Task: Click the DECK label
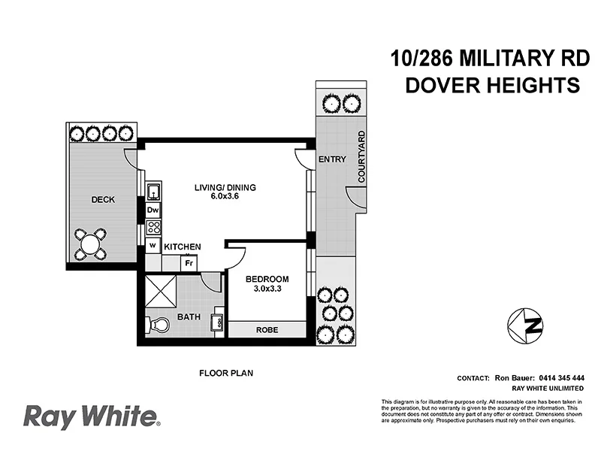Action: pos(102,200)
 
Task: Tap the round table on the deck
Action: pos(90,244)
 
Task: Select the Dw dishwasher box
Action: pos(153,210)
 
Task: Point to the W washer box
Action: pos(153,245)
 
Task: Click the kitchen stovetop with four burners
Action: pos(153,227)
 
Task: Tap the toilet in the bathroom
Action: pos(157,325)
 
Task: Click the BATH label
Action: pos(188,317)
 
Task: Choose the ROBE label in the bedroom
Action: pos(267,329)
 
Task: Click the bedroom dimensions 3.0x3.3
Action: pos(267,292)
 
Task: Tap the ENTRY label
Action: pos(331,159)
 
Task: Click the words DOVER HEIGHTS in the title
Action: pos(492,86)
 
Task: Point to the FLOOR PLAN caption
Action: pos(223,372)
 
